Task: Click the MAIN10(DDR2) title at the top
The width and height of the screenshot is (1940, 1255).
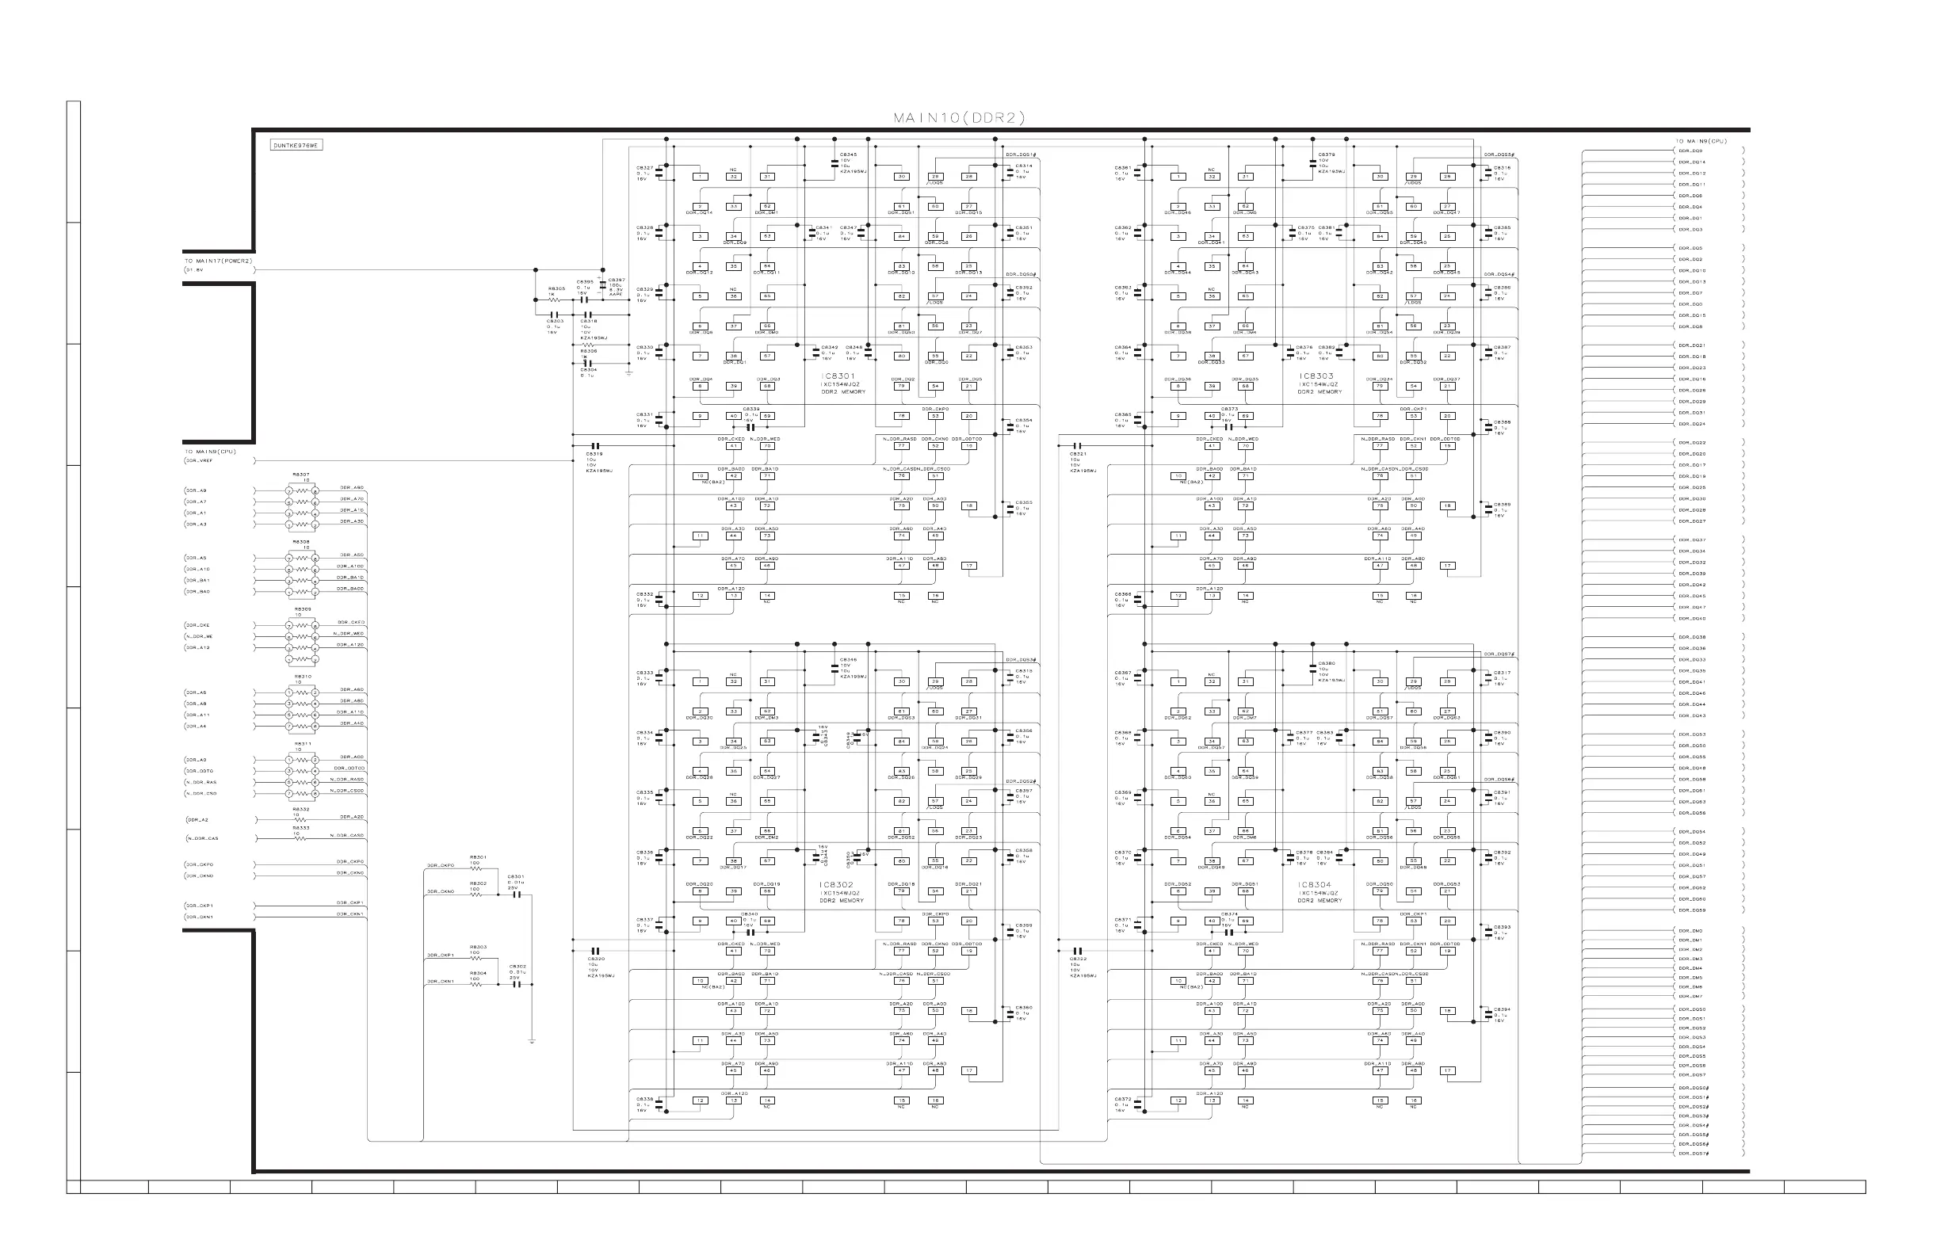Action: pos(959,118)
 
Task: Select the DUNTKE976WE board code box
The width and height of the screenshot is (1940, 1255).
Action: pos(296,145)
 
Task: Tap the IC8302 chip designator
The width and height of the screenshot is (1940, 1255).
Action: pos(836,884)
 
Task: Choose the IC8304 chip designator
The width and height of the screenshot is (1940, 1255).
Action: pos(1314,884)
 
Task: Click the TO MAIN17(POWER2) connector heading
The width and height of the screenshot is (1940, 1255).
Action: pos(219,261)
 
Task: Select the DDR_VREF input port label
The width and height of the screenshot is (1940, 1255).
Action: pos(200,460)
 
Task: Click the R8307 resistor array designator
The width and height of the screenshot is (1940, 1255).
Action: pos(301,475)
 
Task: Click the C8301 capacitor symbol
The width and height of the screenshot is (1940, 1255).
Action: pos(515,895)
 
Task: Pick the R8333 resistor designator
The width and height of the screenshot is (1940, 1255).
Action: pos(301,828)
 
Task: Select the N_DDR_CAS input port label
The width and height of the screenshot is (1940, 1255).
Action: pos(202,838)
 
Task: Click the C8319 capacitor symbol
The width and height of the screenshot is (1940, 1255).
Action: pos(594,446)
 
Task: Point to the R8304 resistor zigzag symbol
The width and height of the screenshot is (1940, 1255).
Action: pos(477,985)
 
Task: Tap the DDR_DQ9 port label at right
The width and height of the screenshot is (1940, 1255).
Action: pos(1690,151)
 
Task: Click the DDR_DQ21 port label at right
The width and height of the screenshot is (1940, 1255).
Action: pos(1691,345)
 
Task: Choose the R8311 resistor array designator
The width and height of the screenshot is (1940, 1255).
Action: pos(302,743)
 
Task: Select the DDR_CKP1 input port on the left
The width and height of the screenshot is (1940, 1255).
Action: pos(200,906)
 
